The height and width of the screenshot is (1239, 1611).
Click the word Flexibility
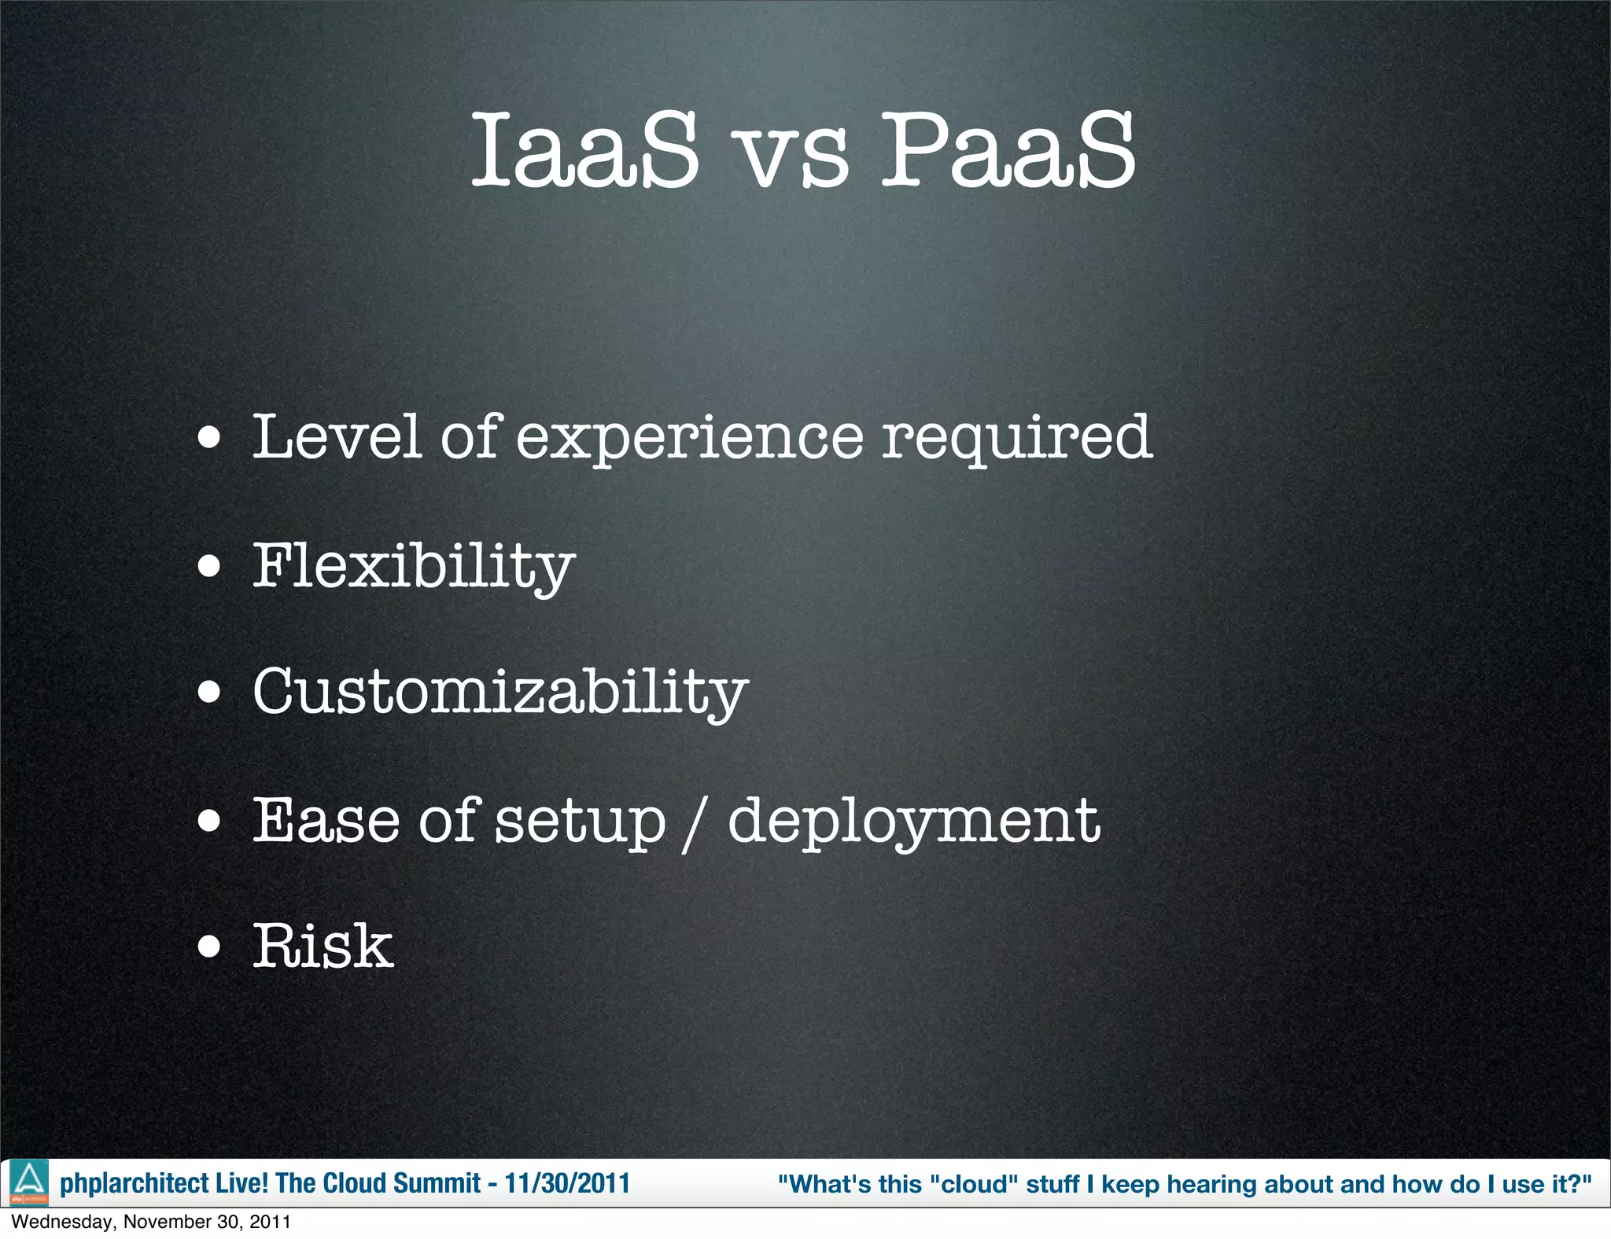[414, 566]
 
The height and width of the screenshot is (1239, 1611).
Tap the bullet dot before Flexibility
[209, 566]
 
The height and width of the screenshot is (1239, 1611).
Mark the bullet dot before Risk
[209, 947]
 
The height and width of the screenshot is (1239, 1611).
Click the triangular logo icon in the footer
[29, 1182]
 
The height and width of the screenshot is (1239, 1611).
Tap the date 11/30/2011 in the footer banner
[566, 1183]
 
